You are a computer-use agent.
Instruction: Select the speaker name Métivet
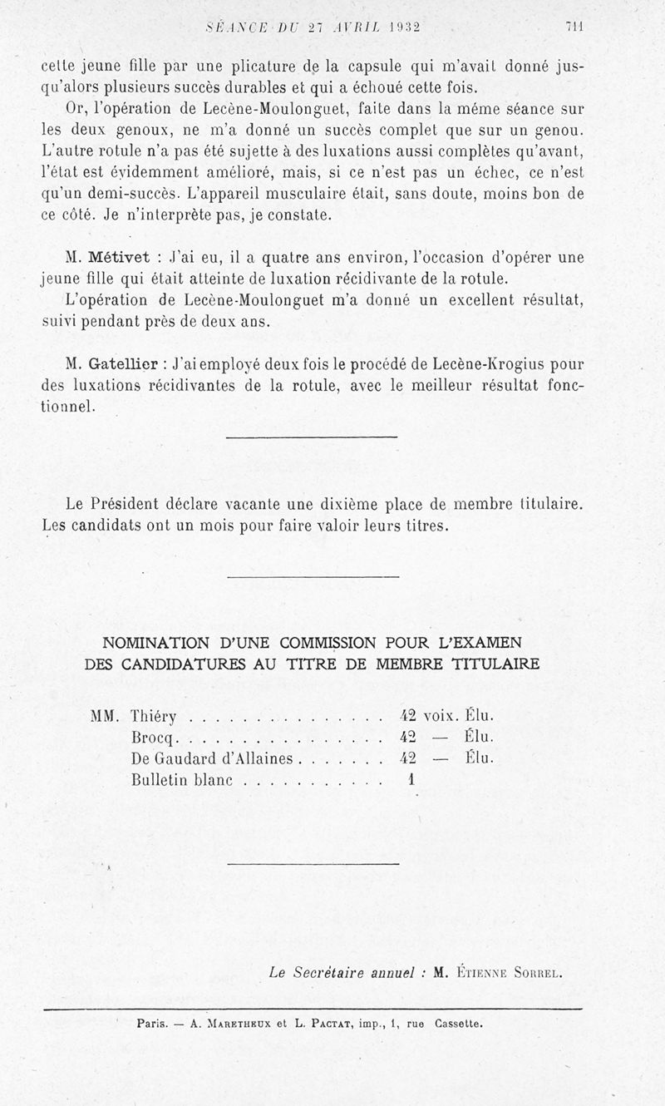[x=119, y=258]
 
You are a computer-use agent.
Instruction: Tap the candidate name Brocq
[x=150, y=737]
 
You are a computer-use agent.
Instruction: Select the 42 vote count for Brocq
[x=407, y=737]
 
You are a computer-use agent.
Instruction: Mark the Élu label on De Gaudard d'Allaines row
[x=480, y=758]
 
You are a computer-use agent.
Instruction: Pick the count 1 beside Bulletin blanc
[x=411, y=780]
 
